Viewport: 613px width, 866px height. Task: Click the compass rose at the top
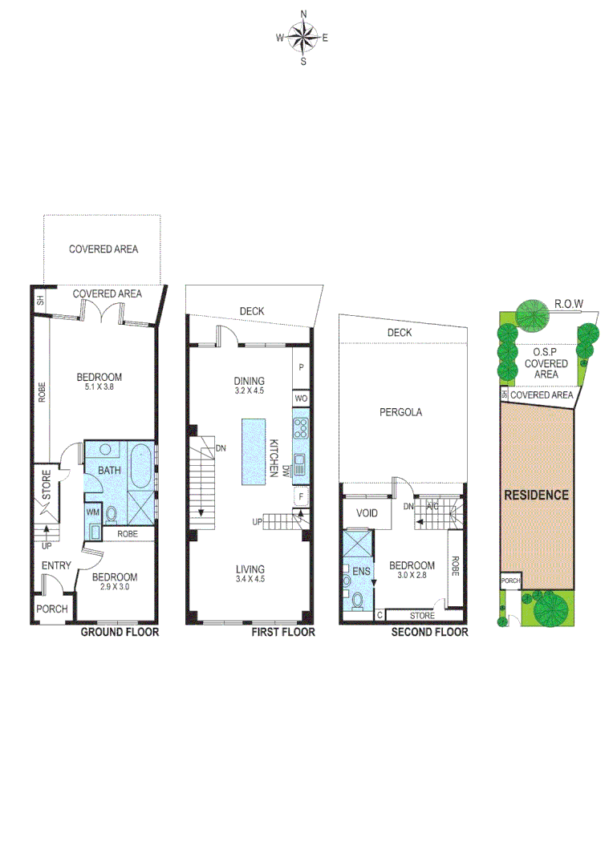(x=303, y=36)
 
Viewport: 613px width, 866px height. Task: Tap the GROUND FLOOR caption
(x=120, y=632)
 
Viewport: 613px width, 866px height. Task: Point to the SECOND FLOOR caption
(x=429, y=632)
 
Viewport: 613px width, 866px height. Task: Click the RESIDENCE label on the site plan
(x=536, y=495)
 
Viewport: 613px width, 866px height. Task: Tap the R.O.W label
(x=569, y=304)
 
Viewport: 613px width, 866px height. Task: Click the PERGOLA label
(x=401, y=413)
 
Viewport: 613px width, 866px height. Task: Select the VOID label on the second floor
(x=355, y=513)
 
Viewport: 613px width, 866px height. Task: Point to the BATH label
(x=110, y=470)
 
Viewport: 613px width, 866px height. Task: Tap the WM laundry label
(x=92, y=511)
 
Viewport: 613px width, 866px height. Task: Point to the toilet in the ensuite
(x=357, y=601)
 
